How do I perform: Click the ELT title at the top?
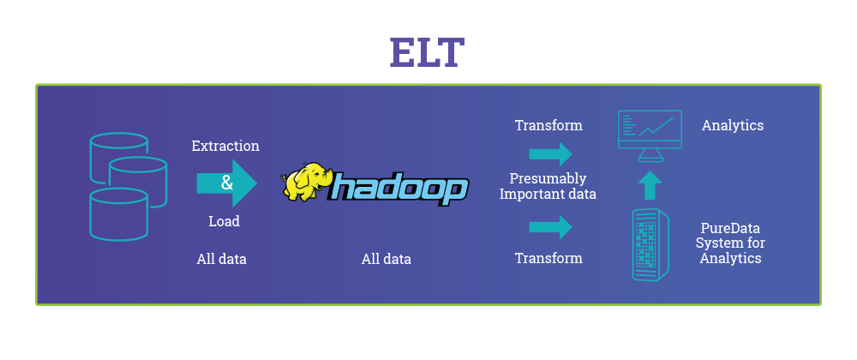(427, 52)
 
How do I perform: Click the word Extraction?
(225, 146)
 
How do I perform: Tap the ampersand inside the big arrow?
(226, 183)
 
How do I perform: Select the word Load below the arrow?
(224, 221)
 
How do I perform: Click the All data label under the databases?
(221, 259)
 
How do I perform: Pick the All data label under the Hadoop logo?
(386, 259)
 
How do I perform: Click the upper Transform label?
(548, 125)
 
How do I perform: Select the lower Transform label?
(548, 258)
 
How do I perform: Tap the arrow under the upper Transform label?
(550, 154)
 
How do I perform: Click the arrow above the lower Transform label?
(550, 227)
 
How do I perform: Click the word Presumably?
(548, 178)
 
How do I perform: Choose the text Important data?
(548, 194)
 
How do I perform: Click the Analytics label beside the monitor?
(733, 125)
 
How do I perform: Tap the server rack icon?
(650, 245)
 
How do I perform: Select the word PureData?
(731, 229)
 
